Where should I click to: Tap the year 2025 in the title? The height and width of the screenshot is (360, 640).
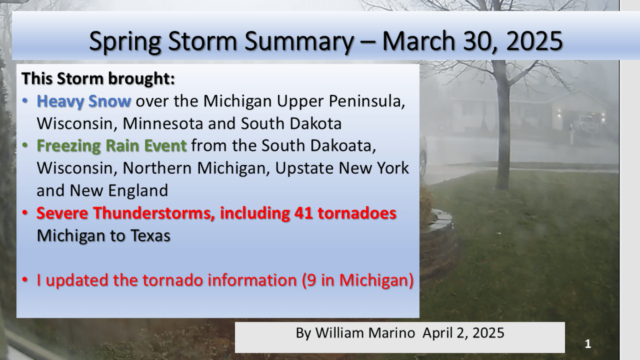click(535, 41)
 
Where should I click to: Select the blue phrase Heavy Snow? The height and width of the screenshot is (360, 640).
click(84, 102)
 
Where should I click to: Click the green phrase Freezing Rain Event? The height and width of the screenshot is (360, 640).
click(111, 146)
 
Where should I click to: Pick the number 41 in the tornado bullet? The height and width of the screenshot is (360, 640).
click(303, 213)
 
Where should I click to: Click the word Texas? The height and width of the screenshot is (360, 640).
click(150, 236)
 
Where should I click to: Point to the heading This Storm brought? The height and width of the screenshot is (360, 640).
click(98, 78)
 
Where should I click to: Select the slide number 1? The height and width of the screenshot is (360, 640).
click(587, 344)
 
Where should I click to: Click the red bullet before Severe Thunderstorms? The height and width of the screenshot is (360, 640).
click(25, 213)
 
